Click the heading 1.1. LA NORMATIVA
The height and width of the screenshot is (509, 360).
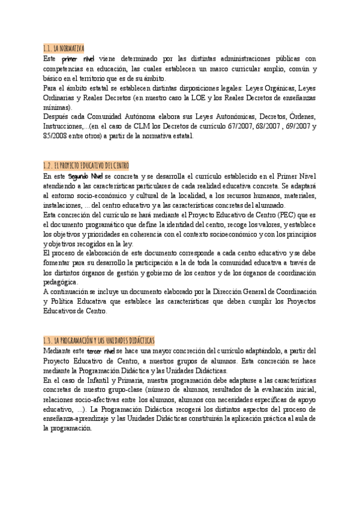coord(64,48)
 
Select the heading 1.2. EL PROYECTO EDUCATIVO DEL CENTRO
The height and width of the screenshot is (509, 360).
coord(86,166)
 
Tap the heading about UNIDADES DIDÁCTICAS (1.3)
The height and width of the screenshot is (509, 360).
coord(99,340)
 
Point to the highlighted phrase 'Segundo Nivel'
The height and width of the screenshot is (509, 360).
coord(86,176)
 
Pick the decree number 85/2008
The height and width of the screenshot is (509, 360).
coord(56,136)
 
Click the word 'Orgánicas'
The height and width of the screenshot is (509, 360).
coord(269,88)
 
